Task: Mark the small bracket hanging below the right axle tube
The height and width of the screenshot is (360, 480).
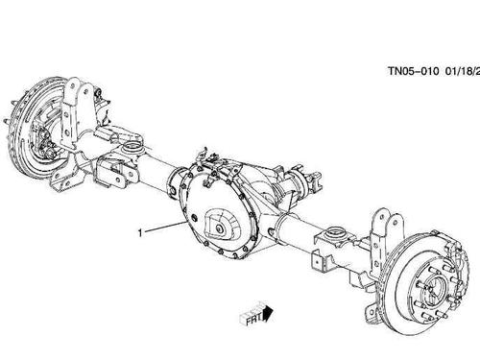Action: click(326, 259)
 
